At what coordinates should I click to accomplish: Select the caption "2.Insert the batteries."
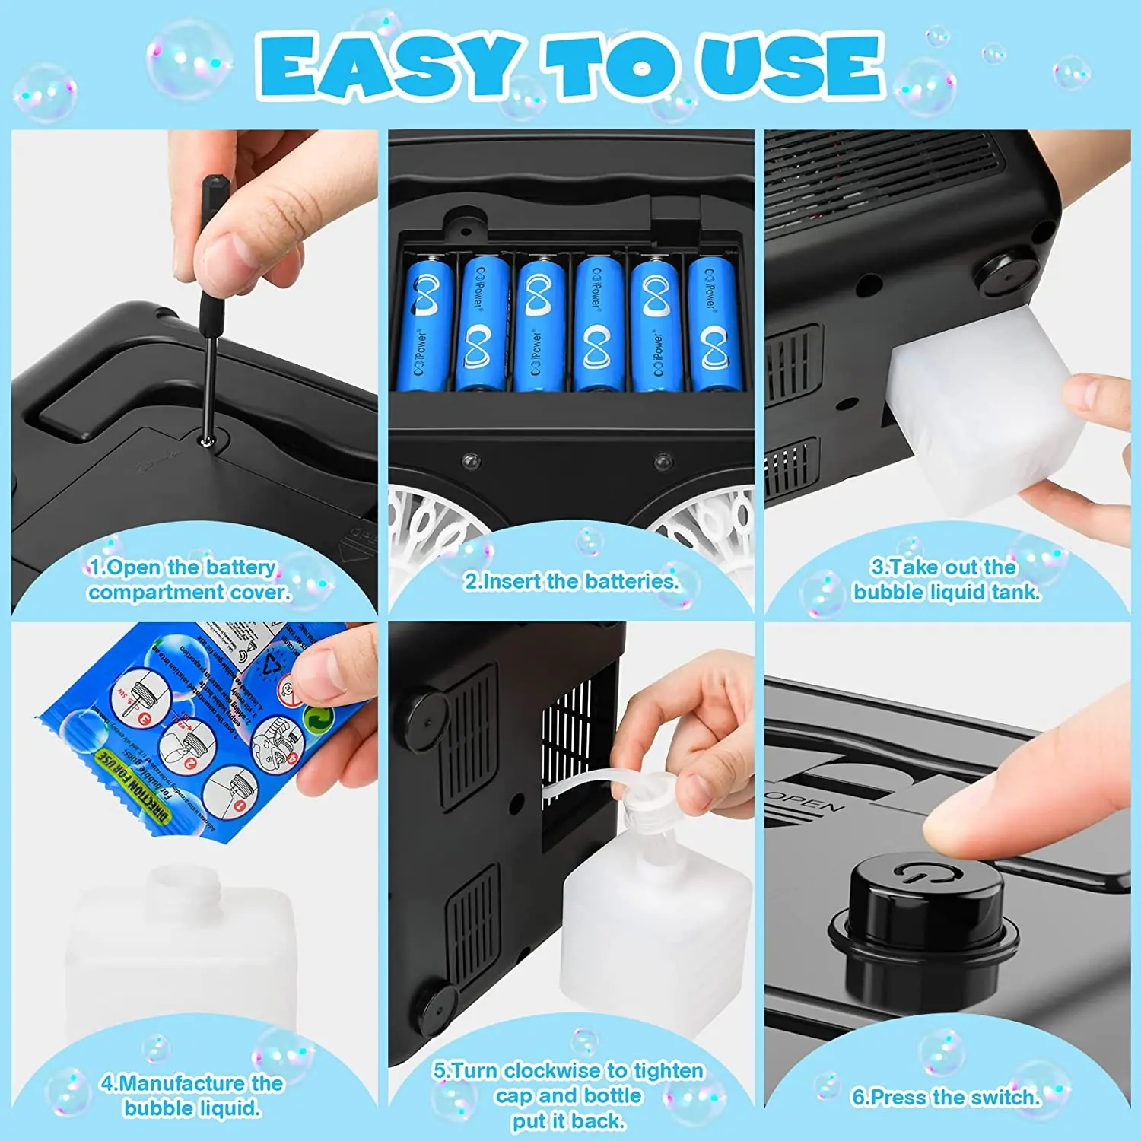570,581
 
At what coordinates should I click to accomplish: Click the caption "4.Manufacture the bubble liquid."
192,1095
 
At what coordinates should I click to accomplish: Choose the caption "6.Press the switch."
945,1097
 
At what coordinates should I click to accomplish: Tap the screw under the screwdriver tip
205,439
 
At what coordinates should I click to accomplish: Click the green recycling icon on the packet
318,719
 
